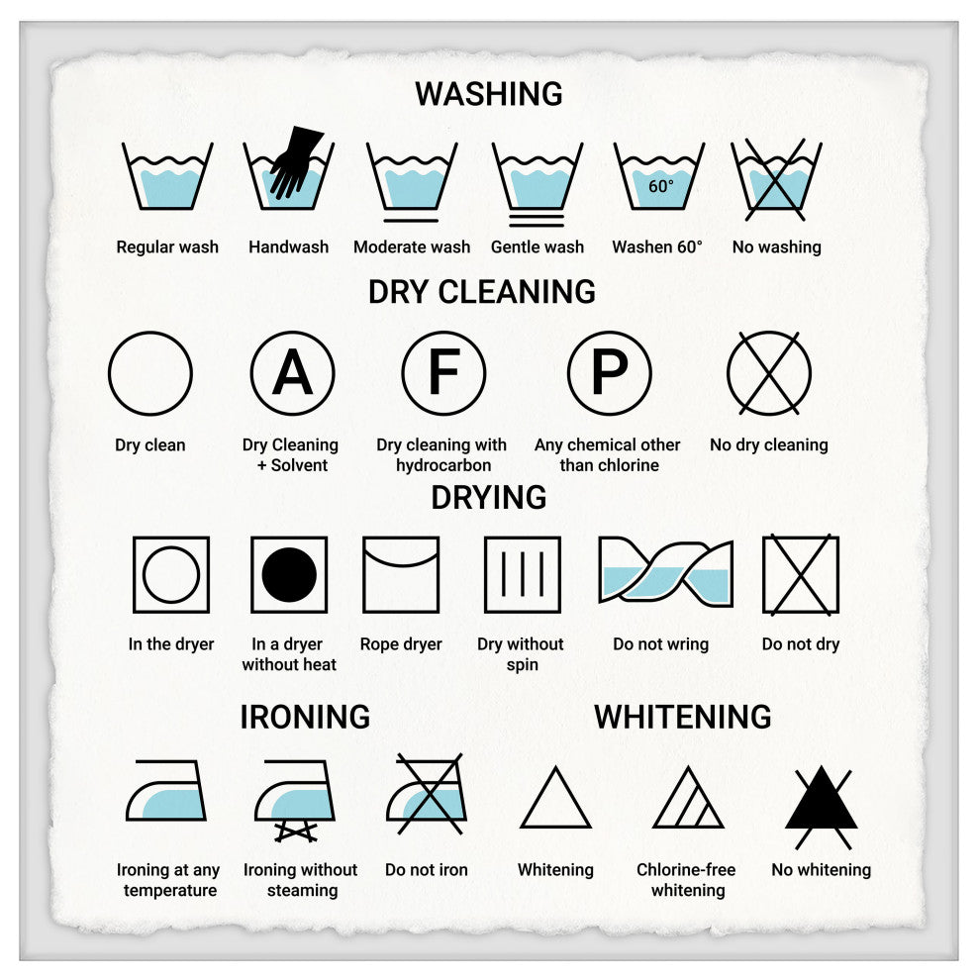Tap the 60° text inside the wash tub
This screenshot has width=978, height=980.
(x=660, y=186)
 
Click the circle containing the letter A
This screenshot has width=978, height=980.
(x=292, y=373)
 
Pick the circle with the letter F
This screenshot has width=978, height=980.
(x=443, y=373)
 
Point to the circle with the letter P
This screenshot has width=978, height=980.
(x=609, y=373)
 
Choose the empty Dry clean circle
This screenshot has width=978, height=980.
(x=150, y=373)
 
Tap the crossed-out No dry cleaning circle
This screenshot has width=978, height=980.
(x=769, y=373)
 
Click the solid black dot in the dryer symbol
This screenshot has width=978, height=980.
(x=289, y=574)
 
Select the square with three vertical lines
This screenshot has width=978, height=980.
(x=523, y=574)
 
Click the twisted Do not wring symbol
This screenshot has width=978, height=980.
(x=665, y=571)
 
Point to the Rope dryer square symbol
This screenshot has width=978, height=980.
(x=401, y=574)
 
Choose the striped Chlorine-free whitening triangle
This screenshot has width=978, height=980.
(x=689, y=800)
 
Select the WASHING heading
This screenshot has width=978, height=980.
(x=489, y=94)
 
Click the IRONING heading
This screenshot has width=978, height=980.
(x=305, y=717)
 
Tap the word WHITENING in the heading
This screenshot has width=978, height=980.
(x=683, y=717)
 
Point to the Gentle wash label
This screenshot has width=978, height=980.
(x=538, y=247)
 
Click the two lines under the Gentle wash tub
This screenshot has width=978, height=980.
(x=538, y=220)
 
